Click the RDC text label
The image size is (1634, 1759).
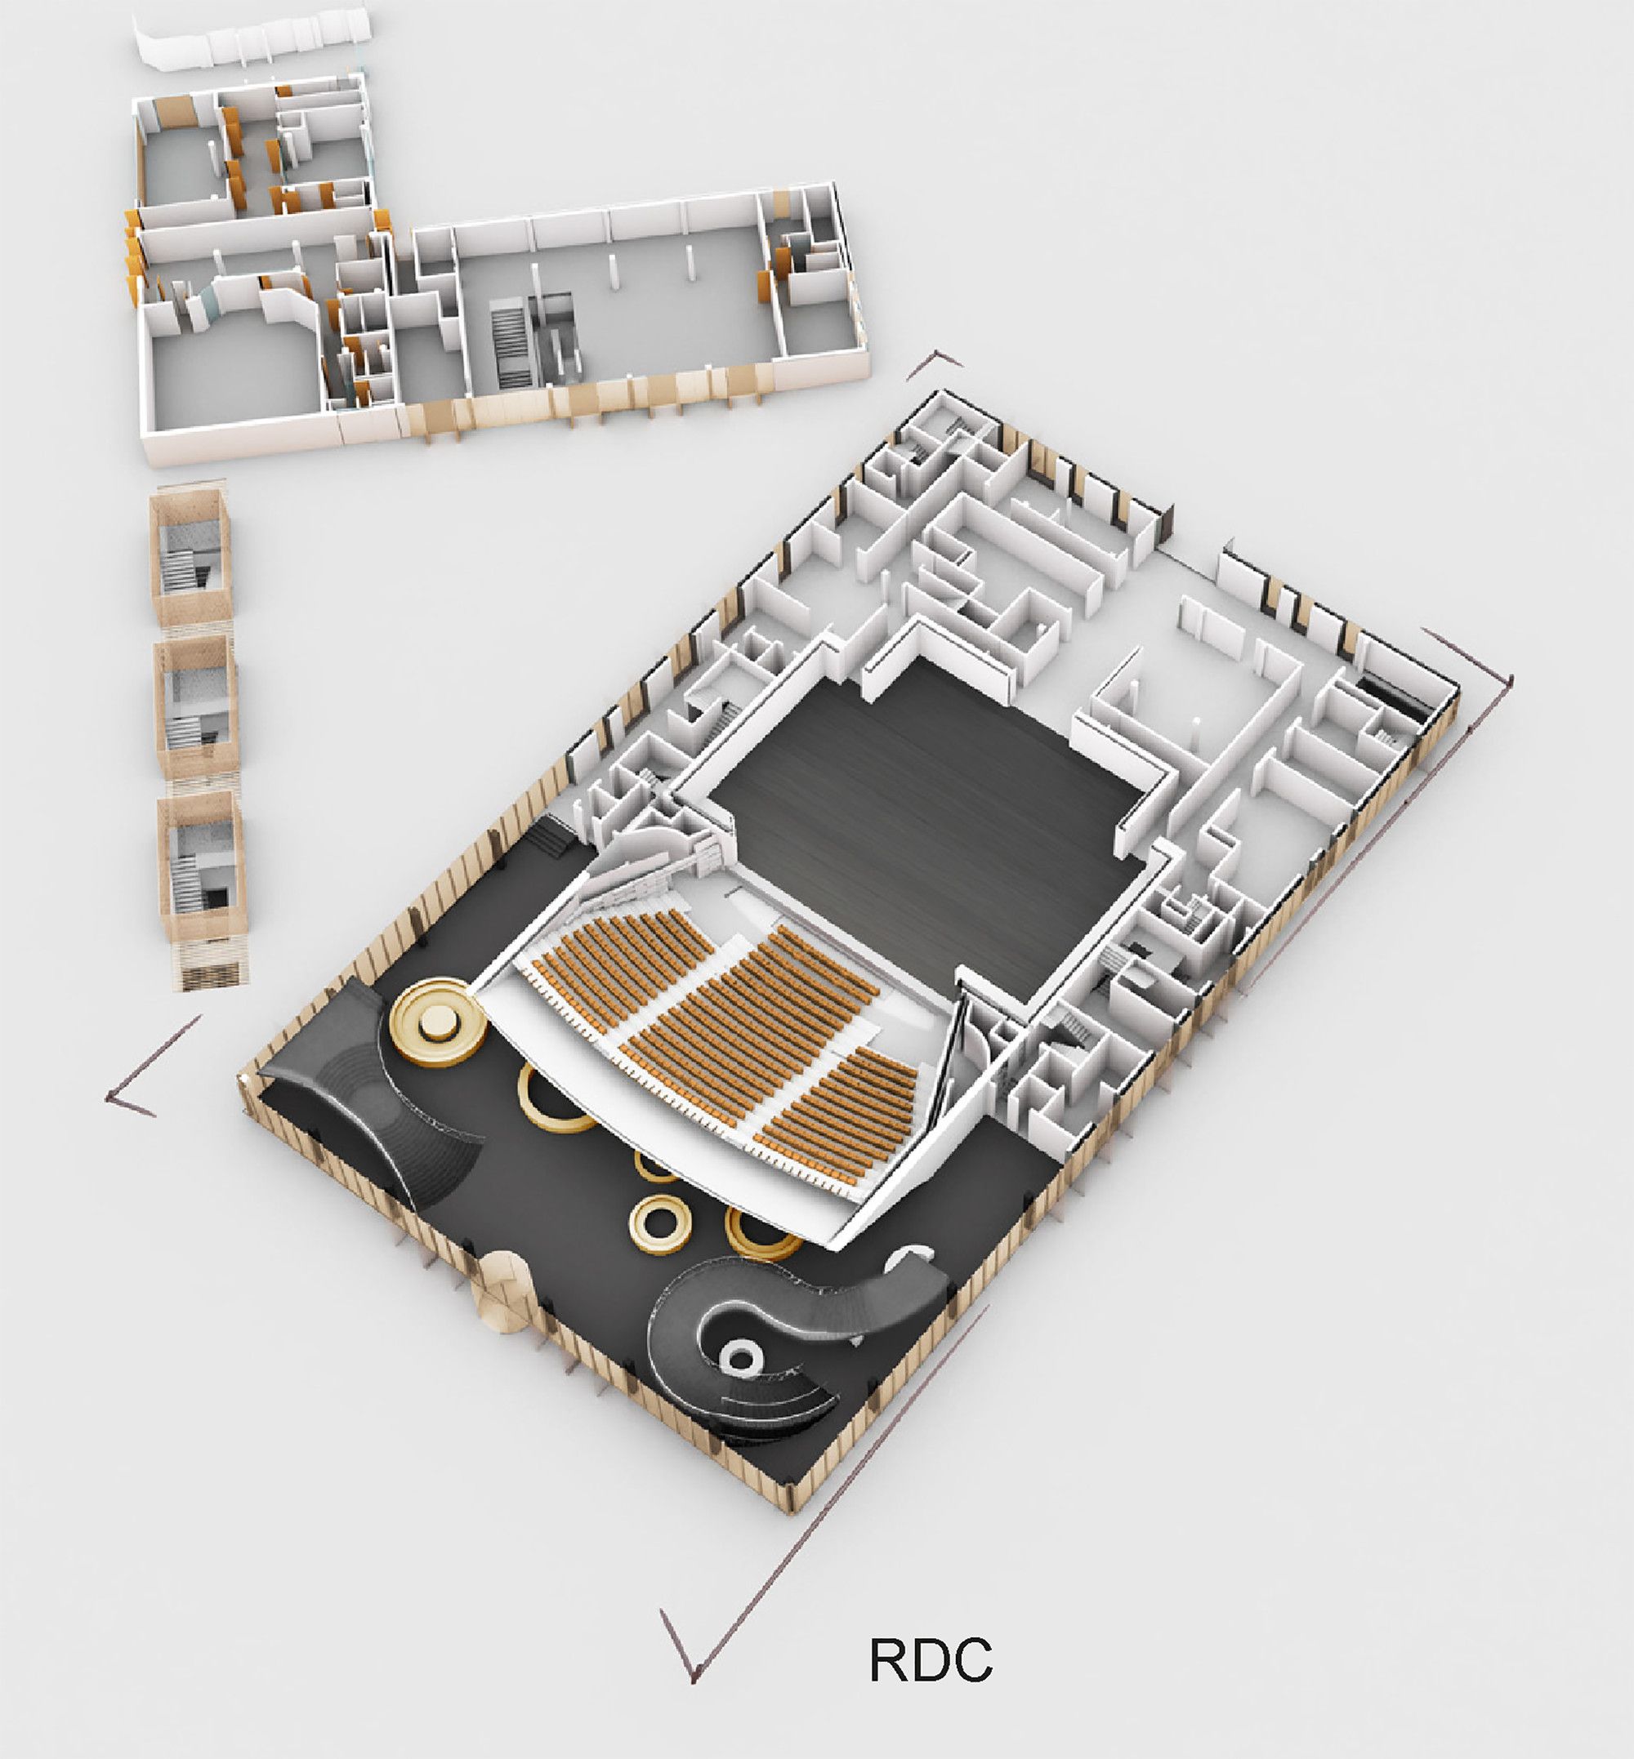[x=931, y=1661]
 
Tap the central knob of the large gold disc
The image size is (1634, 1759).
[x=437, y=1023]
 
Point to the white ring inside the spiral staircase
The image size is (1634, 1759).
[x=741, y=1356]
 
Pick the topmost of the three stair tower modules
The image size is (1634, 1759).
[x=191, y=557]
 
